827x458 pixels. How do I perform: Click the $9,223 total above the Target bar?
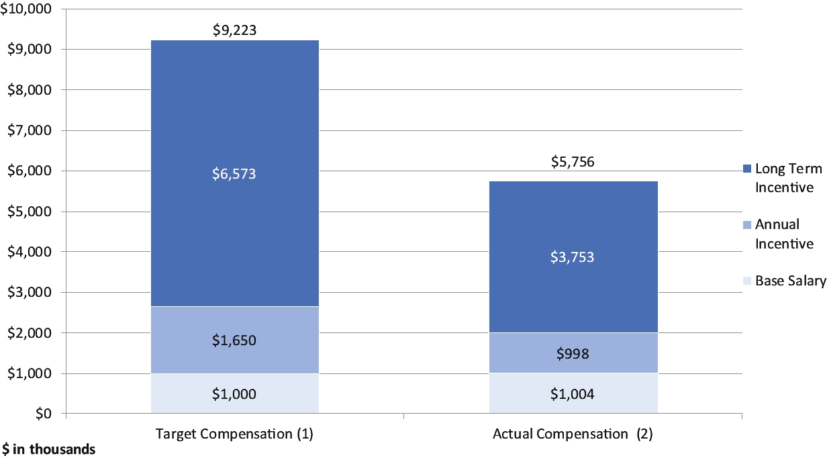[x=234, y=30]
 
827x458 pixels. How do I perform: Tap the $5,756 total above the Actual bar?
[x=573, y=162]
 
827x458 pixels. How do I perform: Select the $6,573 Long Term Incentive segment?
[x=235, y=173]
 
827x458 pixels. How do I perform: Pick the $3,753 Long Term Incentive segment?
[x=573, y=257]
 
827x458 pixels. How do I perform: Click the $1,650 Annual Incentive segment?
[x=235, y=340]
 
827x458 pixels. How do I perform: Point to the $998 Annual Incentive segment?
[x=573, y=353]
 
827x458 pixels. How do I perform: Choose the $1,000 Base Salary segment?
[x=235, y=394]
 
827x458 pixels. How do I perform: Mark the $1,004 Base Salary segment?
[x=573, y=394]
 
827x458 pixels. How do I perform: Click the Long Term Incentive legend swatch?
[x=747, y=169]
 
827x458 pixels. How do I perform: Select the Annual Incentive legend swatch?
[x=747, y=225]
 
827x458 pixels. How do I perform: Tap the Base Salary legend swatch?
[x=747, y=281]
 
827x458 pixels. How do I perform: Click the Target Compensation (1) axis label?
[x=234, y=434]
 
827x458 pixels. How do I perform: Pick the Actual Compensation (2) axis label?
[x=573, y=434]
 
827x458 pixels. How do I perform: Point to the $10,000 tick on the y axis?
[x=26, y=9]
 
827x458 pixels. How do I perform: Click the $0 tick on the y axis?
[x=44, y=414]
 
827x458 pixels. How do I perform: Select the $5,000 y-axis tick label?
[x=30, y=212]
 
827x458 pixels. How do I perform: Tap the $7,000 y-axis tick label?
[x=30, y=130]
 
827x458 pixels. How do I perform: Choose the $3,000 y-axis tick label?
[x=30, y=292]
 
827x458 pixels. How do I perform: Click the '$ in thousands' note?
[x=48, y=449]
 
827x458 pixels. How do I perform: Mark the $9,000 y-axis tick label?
[x=30, y=49]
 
